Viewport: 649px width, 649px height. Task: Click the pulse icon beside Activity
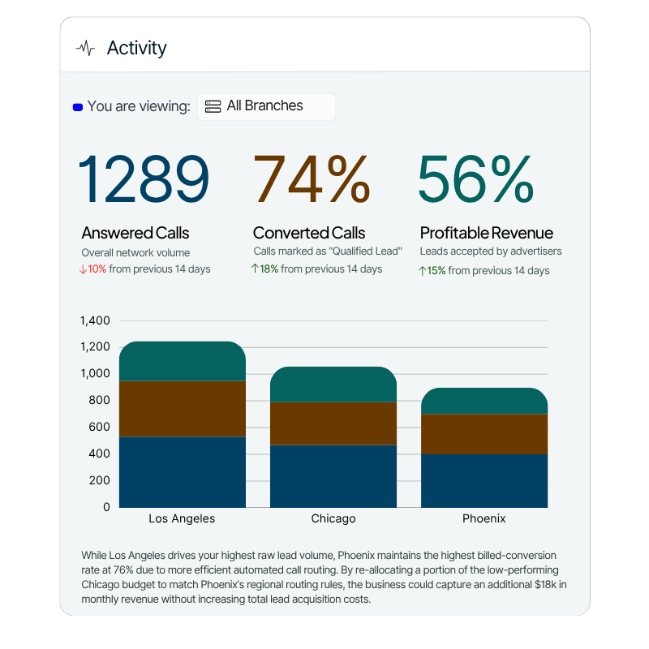(x=85, y=49)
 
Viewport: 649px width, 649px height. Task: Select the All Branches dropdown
(x=266, y=106)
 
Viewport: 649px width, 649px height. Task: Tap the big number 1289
(x=144, y=179)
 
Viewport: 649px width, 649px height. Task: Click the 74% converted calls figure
(x=312, y=179)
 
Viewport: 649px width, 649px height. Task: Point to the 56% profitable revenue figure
(x=475, y=179)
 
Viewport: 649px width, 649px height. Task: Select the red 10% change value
(x=97, y=269)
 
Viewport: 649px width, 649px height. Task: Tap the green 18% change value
(x=269, y=269)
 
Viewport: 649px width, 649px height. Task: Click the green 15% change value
(x=436, y=271)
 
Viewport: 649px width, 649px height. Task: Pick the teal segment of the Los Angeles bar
(x=183, y=361)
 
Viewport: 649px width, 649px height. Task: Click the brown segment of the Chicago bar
(x=333, y=423)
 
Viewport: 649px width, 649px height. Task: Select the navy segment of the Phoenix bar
(x=484, y=480)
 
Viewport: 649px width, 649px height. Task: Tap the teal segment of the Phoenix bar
(x=484, y=401)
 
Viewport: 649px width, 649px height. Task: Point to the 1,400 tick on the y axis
(x=95, y=320)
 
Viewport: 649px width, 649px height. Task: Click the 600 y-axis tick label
(x=98, y=428)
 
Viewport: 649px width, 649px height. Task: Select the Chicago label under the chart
(x=333, y=519)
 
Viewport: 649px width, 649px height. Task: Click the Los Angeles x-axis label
(x=182, y=519)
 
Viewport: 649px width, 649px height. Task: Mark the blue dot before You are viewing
(x=78, y=107)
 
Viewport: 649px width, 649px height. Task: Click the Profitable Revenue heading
(x=486, y=234)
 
